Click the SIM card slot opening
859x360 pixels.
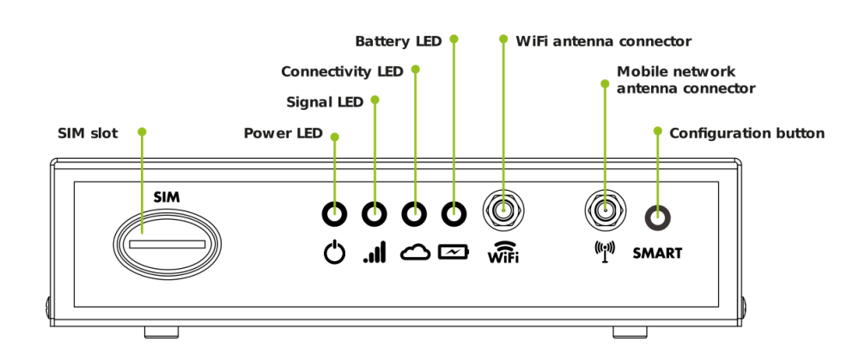pyautogui.click(x=168, y=245)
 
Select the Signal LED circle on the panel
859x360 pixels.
pyautogui.click(x=374, y=212)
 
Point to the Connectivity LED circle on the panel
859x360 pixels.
pyautogui.click(x=414, y=212)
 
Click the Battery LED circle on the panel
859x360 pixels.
pyautogui.click(x=454, y=212)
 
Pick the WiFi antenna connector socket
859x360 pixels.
pyautogui.click(x=504, y=208)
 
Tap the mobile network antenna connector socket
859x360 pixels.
pyautogui.click(x=605, y=208)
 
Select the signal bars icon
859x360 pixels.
pyautogui.click(x=374, y=253)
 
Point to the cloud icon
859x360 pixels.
pyautogui.click(x=414, y=253)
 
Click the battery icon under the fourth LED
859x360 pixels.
pyautogui.click(x=454, y=252)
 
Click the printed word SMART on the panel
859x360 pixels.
pyautogui.click(x=657, y=253)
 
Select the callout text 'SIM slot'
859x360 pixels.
pyautogui.click(x=88, y=133)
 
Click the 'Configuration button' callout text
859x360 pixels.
pyautogui.click(x=746, y=133)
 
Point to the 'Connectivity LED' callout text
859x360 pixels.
pyautogui.click(x=342, y=70)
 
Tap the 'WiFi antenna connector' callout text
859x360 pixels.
pyautogui.click(x=603, y=40)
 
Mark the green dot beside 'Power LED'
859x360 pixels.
pyautogui.click(x=335, y=137)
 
